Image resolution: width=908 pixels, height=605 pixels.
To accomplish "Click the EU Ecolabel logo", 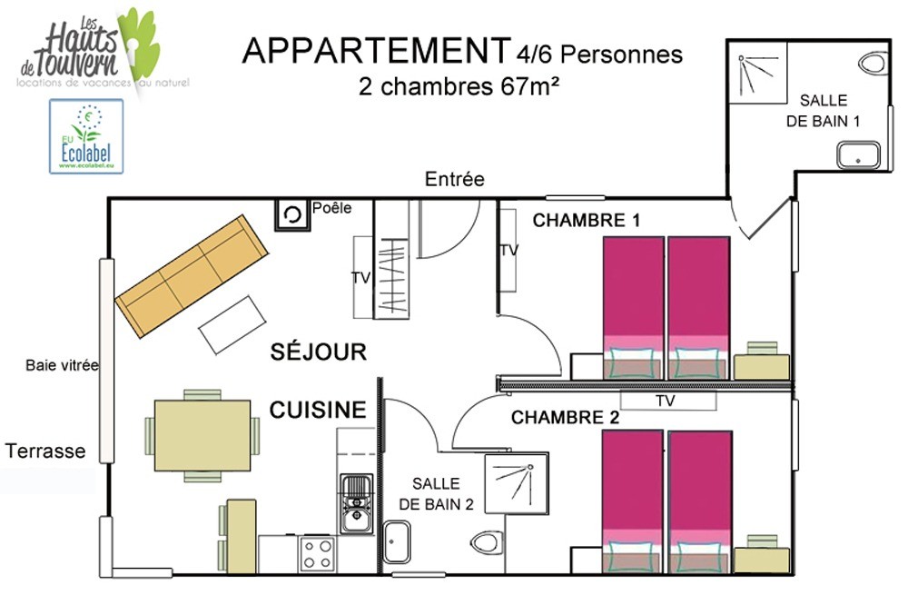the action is tap(86, 136).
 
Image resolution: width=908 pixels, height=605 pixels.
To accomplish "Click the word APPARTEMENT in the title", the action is tap(377, 51).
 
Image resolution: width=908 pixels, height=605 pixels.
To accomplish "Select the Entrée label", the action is tap(455, 179).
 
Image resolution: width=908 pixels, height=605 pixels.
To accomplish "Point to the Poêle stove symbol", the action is tap(292, 215).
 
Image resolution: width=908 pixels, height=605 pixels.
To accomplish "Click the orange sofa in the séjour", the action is tap(192, 276).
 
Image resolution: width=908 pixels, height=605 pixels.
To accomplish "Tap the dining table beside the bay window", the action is tap(202, 435).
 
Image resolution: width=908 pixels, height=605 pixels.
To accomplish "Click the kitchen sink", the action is tap(356, 503).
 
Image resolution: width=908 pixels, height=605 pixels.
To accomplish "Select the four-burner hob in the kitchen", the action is tap(317, 553).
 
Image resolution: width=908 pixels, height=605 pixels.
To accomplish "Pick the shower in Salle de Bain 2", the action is tap(517, 484).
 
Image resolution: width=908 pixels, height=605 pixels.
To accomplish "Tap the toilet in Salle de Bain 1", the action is tap(873, 62).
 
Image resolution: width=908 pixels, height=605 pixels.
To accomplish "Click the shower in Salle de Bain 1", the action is tap(757, 73).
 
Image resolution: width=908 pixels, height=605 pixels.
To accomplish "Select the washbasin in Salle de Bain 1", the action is tap(858, 155).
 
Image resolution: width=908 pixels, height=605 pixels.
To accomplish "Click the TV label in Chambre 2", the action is tap(666, 401).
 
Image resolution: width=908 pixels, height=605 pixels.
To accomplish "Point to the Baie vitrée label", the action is tap(62, 365).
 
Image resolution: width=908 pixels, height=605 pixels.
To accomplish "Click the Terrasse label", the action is tap(45, 451).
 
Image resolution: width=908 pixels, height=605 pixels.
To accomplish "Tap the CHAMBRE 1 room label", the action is tap(586, 220).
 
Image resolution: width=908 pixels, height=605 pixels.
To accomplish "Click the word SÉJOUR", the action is tap(319, 352).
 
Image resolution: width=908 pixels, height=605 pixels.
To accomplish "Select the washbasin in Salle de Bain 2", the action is tap(397, 541).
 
